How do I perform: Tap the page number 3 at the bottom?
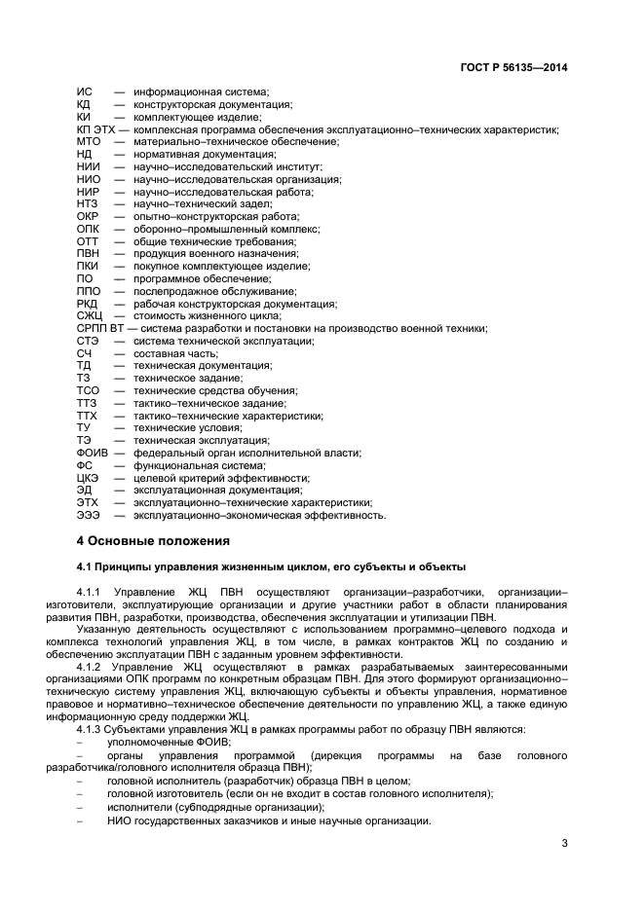(565, 843)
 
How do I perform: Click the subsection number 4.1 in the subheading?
(86, 565)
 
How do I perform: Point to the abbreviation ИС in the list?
(84, 92)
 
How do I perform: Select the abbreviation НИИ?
(87, 166)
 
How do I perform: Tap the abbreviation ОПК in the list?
(88, 229)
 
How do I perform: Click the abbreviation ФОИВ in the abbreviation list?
(93, 453)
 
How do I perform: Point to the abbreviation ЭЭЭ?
(88, 515)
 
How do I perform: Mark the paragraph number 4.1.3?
(92, 728)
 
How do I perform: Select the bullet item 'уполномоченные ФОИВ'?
(169, 741)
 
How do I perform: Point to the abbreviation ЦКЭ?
(88, 478)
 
